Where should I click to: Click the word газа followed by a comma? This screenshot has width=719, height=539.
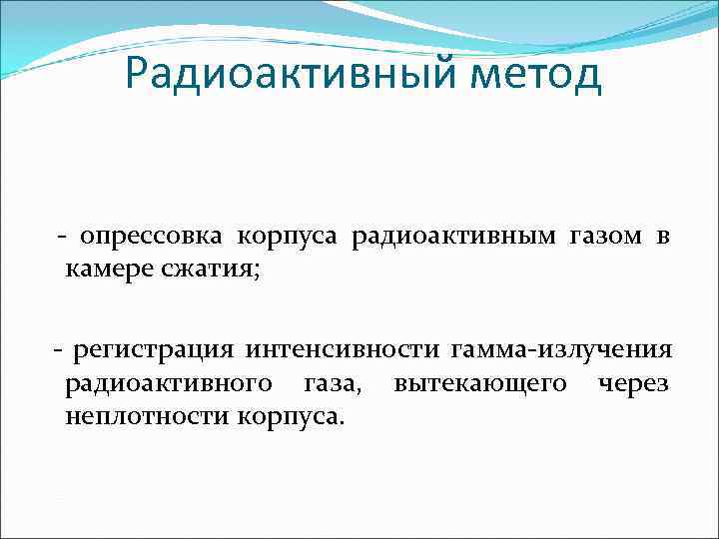[334, 382]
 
